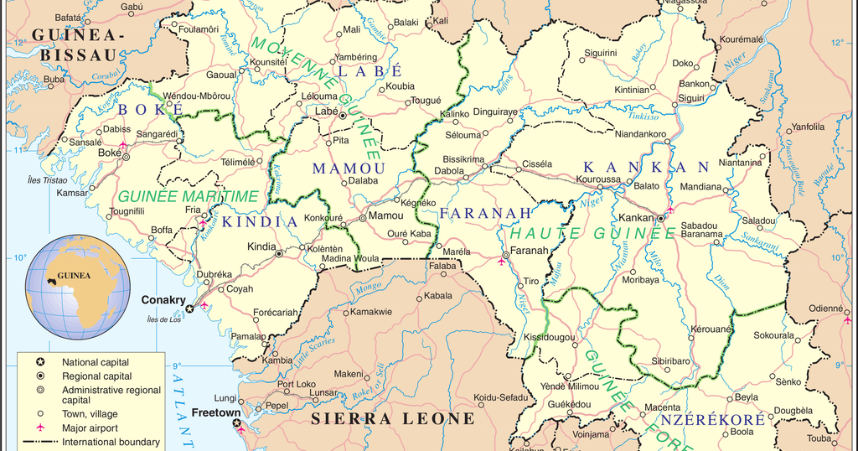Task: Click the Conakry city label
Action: tap(163, 299)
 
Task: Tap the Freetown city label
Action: tap(216, 413)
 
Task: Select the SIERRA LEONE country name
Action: tap(393, 418)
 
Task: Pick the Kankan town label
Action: tap(635, 218)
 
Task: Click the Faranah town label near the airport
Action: tap(530, 250)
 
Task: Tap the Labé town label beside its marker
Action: tap(325, 111)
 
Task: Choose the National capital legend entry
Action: tap(96, 362)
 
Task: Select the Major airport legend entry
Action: tap(90, 428)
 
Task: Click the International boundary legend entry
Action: tap(111, 442)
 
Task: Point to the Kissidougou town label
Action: tap(549, 337)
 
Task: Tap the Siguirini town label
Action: tap(601, 53)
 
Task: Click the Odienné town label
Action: tap(825, 308)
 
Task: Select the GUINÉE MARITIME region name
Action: tap(188, 196)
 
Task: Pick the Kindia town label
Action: tap(261, 246)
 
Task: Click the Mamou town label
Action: tap(385, 215)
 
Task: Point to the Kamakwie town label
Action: tap(370, 312)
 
